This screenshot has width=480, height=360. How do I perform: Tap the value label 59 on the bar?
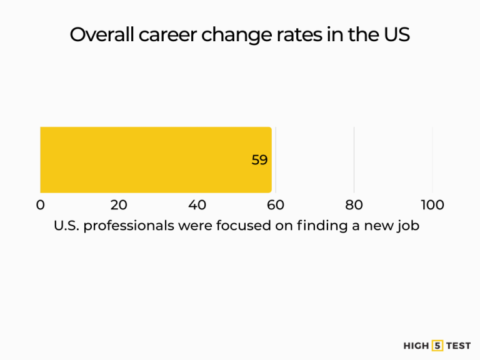point(259,160)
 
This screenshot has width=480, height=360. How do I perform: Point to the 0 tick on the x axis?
point(41,205)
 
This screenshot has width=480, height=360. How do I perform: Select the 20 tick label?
point(119,205)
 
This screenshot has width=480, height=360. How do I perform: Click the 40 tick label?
point(197,205)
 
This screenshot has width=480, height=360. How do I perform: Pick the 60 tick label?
point(276,205)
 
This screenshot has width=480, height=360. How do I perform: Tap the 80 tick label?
point(354,205)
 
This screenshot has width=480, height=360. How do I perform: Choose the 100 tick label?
point(432,205)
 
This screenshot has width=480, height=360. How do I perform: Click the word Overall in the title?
point(99,34)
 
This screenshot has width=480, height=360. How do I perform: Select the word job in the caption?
point(407,226)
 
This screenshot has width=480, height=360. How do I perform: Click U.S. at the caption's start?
point(66,226)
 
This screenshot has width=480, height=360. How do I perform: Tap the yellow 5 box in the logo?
point(437,346)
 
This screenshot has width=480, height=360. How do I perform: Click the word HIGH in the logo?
point(416,346)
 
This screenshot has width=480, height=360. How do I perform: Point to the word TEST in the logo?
point(459,346)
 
